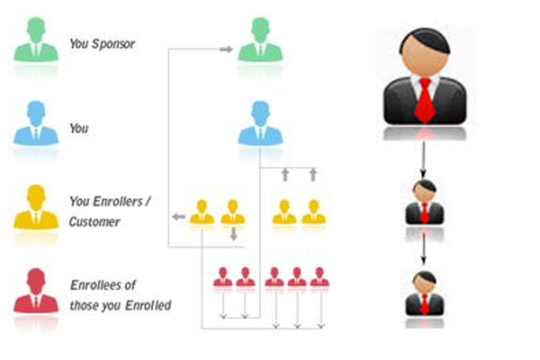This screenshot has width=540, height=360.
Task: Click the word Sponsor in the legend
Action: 113,44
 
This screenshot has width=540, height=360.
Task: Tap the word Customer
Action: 94,222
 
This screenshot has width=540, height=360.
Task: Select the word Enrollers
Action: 117,202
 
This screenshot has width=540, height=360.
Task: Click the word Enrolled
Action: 148,305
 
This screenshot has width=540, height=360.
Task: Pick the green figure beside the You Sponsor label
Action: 36,40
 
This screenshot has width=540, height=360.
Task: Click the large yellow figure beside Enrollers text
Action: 36,207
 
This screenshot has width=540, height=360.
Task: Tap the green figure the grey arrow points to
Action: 260,40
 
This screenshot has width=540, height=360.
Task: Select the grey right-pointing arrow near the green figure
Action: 226,49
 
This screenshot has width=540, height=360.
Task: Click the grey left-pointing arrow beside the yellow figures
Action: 179,217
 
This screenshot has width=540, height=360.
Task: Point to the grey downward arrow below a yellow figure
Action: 234,234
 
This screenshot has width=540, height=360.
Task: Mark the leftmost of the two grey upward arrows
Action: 285,175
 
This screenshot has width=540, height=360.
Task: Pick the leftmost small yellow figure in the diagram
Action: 202,211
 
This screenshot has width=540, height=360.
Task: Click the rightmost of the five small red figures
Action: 319,277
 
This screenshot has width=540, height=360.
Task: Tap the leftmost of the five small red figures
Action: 223,277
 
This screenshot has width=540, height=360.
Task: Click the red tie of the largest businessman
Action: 425,101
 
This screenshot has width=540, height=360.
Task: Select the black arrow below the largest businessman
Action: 424,160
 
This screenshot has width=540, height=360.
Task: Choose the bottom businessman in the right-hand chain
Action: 425,293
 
